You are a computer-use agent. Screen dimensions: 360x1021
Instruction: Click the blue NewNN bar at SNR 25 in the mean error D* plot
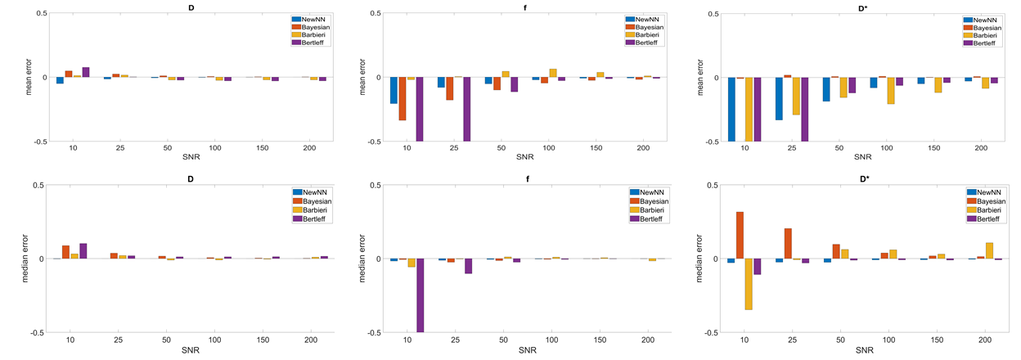pyautogui.click(x=778, y=99)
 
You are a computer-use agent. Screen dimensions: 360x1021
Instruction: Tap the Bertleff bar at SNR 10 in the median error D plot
pyautogui.click(x=83, y=251)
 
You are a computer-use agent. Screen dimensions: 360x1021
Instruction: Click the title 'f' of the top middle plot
pyautogui.click(x=518, y=7)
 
